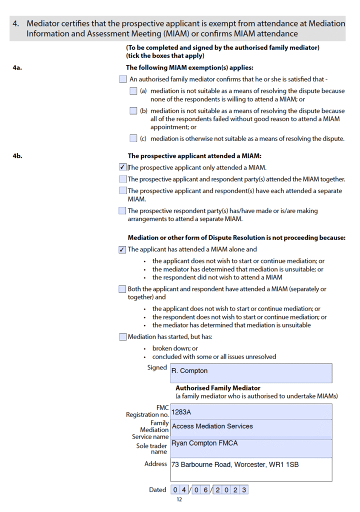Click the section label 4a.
click(x=17, y=67)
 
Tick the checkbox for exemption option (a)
click(x=133, y=91)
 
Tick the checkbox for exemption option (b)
click(x=133, y=111)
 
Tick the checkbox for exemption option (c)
click(x=133, y=138)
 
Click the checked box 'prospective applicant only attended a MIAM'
click(x=122, y=167)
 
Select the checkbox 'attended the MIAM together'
click(x=122, y=179)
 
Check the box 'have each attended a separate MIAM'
click(x=122, y=190)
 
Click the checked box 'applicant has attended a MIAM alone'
click(x=122, y=249)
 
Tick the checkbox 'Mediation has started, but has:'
click(x=122, y=337)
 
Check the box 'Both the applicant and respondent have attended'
click(x=122, y=289)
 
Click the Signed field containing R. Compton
click(x=251, y=372)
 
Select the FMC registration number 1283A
click(x=181, y=412)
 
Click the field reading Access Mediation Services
click(x=212, y=426)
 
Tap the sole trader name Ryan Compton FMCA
click(x=204, y=443)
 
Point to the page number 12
click(x=179, y=499)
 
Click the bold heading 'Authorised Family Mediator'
click(x=217, y=388)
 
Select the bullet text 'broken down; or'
click(x=175, y=348)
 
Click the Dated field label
click(x=157, y=489)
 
